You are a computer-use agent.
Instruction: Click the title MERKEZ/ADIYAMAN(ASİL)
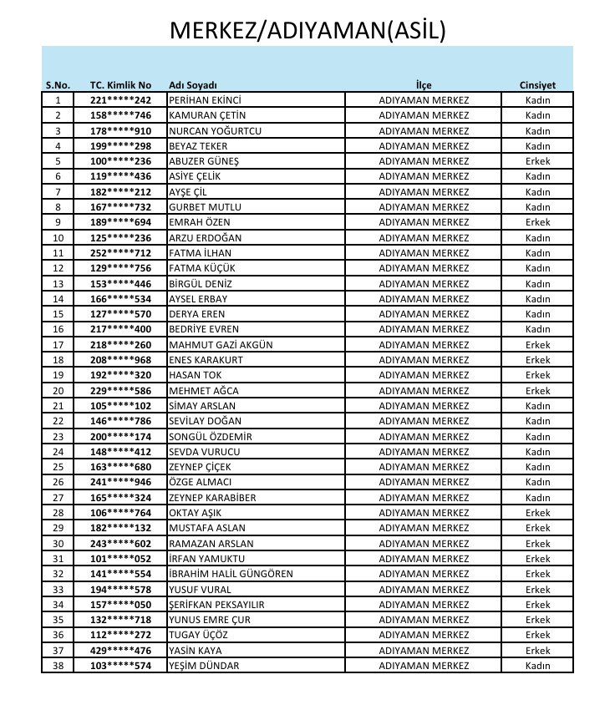click(307, 31)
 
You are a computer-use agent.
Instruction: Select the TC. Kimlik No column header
click(120, 85)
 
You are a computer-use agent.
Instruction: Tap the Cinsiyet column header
click(537, 85)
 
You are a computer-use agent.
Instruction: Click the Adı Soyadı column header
click(193, 85)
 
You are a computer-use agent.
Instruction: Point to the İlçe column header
click(424, 85)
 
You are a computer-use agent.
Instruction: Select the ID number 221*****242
click(120, 100)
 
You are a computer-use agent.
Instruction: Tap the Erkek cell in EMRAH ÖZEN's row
click(537, 222)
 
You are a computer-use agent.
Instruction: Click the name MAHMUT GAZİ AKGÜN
click(221, 345)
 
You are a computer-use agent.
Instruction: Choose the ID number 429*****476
click(120, 651)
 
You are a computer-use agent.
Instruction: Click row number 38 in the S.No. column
click(58, 666)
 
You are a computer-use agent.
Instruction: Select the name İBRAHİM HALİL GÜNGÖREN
click(231, 574)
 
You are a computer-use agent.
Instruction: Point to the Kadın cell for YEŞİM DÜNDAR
click(537, 666)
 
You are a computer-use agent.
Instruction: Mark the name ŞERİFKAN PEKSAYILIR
click(216, 605)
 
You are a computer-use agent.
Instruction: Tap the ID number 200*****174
click(120, 437)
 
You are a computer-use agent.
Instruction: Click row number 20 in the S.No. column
click(58, 391)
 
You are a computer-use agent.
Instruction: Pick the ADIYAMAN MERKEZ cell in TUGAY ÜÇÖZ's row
click(424, 636)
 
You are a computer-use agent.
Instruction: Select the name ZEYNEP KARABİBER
click(212, 498)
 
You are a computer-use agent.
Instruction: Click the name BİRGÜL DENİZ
click(201, 284)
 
